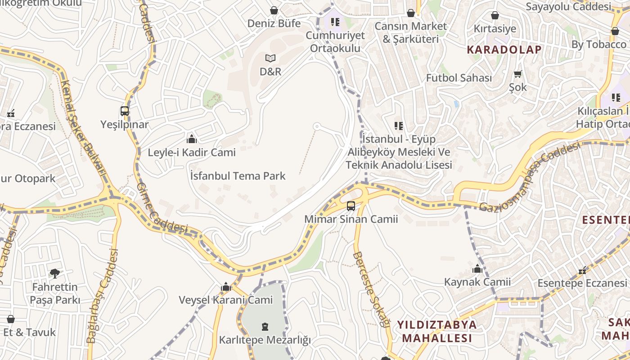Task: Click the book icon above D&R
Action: [270, 58]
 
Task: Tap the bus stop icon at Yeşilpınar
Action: [125, 111]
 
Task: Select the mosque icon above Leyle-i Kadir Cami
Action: [192, 139]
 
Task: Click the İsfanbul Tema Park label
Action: [238, 175]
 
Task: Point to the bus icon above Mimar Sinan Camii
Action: [351, 206]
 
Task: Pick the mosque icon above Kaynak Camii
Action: [477, 269]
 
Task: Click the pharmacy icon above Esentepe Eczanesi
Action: [583, 270]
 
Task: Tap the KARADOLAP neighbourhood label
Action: [504, 49]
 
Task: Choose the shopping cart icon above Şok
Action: [518, 74]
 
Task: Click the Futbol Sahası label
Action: [459, 78]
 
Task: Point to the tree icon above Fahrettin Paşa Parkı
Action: [55, 273]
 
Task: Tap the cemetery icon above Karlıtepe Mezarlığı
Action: [265, 326]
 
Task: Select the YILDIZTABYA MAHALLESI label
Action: [436, 331]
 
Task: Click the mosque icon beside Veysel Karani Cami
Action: [226, 287]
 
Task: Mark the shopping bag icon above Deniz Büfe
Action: [274, 10]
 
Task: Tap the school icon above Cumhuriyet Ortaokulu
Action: [335, 22]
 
